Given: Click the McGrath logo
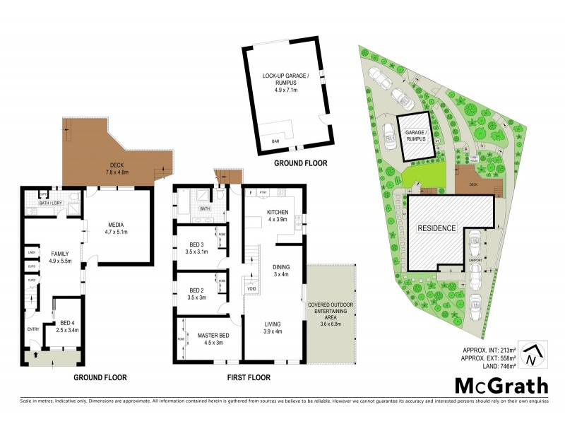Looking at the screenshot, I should coord(500,385).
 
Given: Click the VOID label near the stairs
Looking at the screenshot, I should coord(251,288).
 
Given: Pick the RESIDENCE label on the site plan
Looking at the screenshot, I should coord(436,228).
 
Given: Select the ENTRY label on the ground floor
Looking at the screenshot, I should coord(33,329).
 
